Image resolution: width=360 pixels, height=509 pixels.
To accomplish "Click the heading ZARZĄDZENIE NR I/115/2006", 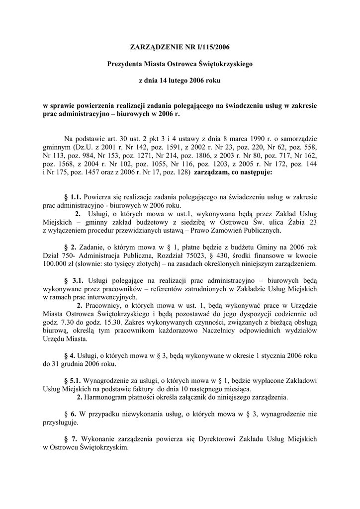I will (180, 47).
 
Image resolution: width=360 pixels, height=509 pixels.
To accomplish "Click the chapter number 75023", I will (181, 254).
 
